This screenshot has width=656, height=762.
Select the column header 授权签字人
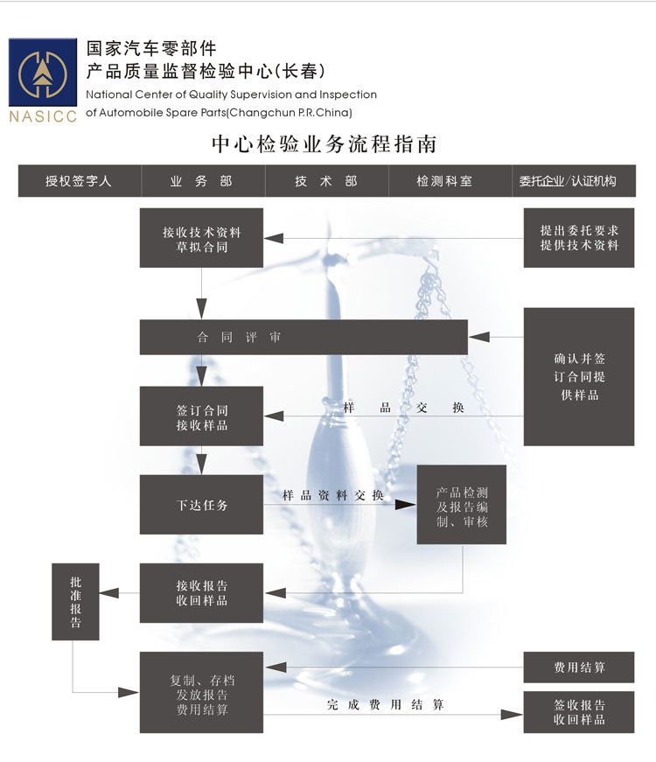[79, 181]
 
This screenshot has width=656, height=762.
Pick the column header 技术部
[325, 181]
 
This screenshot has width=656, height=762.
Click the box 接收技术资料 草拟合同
[201, 238]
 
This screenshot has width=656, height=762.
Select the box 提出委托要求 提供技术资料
[579, 238]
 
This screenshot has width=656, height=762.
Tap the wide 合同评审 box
[304, 337]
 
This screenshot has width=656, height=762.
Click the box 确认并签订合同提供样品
[579, 376]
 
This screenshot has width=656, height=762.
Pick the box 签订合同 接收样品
[201, 417]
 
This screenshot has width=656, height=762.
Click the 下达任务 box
[201, 505]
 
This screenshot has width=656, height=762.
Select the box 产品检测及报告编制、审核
[461, 505]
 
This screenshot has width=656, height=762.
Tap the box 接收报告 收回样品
[201, 593]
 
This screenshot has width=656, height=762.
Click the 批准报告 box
[76, 601]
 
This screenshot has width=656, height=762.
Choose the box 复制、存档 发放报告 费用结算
[201, 693]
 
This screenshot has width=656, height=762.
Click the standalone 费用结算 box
[579, 668]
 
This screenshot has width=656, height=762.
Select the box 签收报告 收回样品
[579, 712]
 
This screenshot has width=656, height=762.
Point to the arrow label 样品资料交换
[333, 495]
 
